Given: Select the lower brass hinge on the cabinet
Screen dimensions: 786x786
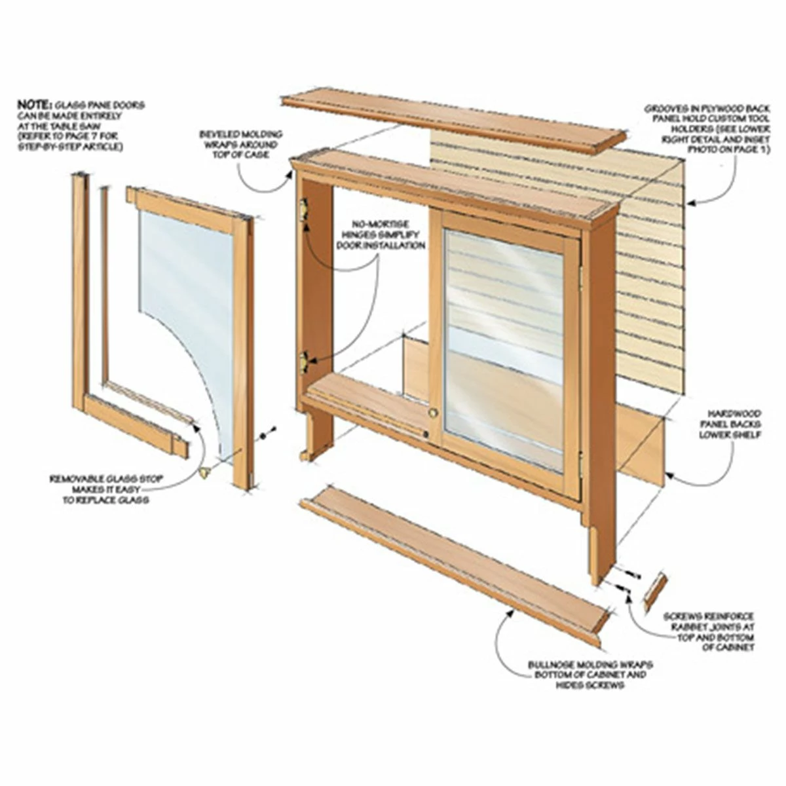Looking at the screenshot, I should pyautogui.click(x=304, y=360).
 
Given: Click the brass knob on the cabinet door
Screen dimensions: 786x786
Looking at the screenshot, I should pyautogui.click(x=432, y=413).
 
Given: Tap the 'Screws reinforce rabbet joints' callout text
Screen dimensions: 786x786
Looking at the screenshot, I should pyautogui.click(x=709, y=631).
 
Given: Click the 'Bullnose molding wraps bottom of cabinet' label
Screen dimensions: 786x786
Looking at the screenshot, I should pyautogui.click(x=589, y=675).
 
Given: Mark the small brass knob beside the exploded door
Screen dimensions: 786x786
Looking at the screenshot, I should pyautogui.click(x=204, y=471).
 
